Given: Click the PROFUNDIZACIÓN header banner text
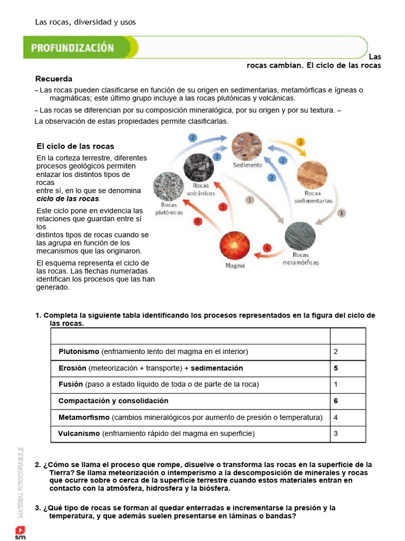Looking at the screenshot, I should pyautogui.click(x=72, y=48).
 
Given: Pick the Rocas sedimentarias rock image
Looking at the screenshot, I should pyautogui.click(x=312, y=176).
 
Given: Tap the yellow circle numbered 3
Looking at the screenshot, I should pyautogui.click(x=300, y=142).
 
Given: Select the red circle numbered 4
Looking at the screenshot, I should pyautogui.click(x=267, y=247).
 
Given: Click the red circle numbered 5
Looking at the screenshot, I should pyautogui.click(x=223, y=207).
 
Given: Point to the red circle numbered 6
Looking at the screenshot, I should pyautogui.click(x=198, y=221).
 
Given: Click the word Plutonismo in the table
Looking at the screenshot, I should pyautogui.click(x=79, y=351).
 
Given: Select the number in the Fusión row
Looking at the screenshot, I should pyautogui.click(x=336, y=384).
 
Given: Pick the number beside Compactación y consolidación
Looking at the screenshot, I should pyautogui.click(x=336, y=401).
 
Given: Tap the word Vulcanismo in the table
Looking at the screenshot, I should pyautogui.click(x=79, y=434).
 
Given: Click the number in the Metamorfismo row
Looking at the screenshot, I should pyautogui.click(x=336, y=417).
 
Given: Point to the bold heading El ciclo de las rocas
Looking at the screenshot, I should pyautogui.click(x=75, y=146).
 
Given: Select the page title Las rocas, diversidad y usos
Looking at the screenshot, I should pyautogui.click(x=85, y=22).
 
